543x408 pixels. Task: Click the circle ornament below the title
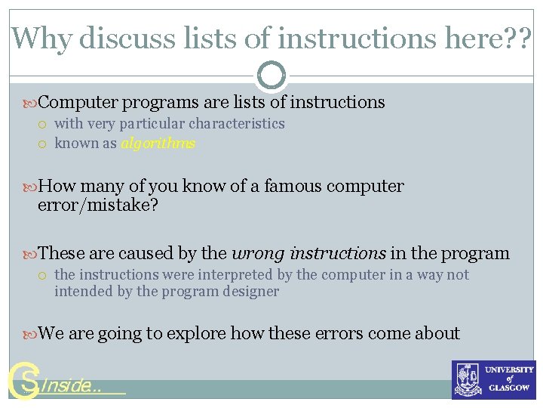pos(271,75)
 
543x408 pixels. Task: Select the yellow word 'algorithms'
pos(158,144)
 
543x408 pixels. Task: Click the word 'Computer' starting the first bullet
pos(78,102)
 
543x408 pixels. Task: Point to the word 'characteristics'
pos(237,124)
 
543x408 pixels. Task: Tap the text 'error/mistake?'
pos(98,206)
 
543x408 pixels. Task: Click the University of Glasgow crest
pos(468,379)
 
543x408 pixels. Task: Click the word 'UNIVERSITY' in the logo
pos(510,369)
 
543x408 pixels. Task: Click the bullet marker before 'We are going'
pos(30,334)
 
